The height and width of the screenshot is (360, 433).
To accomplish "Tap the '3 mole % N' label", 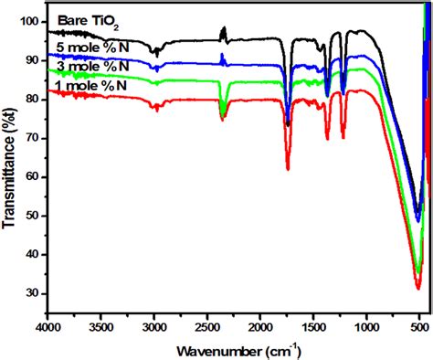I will pyautogui.click(x=89, y=67).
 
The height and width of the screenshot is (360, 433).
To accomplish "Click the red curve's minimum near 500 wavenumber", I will pyautogui.click(x=418, y=289).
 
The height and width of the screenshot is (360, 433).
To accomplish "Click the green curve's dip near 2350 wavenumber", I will pyautogui.click(x=222, y=116).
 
